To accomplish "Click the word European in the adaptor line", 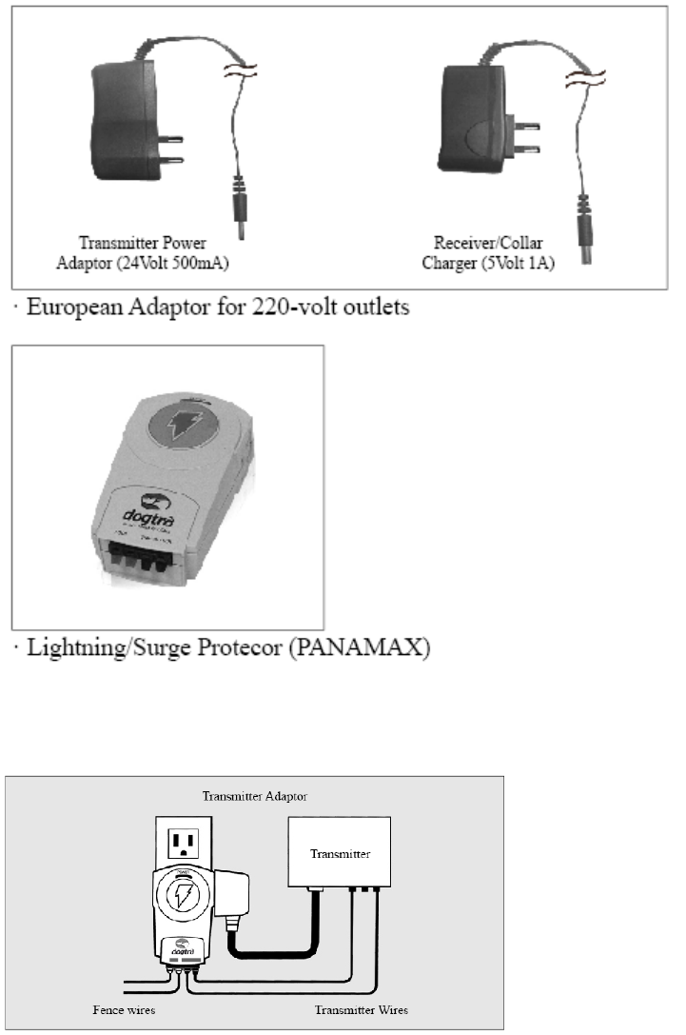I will [78, 309].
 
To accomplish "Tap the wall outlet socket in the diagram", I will [184, 842].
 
